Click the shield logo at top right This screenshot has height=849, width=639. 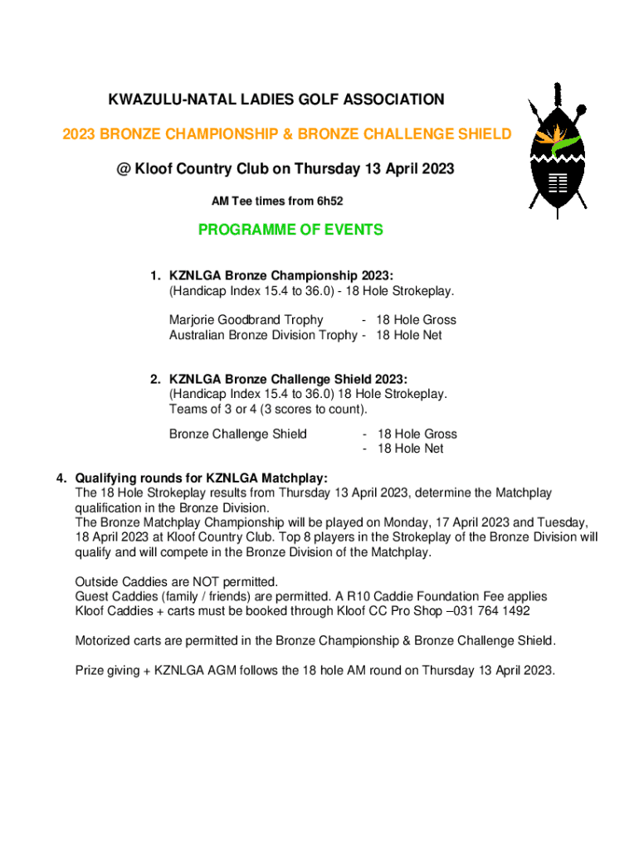[x=557, y=150]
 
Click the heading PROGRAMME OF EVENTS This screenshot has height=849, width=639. [x=290, y=230]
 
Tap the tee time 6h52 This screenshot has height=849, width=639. [x=328, y=201]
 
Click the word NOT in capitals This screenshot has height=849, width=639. [x=188, y=581]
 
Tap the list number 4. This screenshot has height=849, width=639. [x=60, y=478]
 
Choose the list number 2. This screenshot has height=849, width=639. [x=154, y=380]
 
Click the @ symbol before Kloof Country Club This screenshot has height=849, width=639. [x=123, y=168]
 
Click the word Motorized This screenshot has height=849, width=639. [x=105, y=641]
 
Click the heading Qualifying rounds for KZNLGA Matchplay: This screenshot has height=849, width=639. [x=202, y=478]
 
